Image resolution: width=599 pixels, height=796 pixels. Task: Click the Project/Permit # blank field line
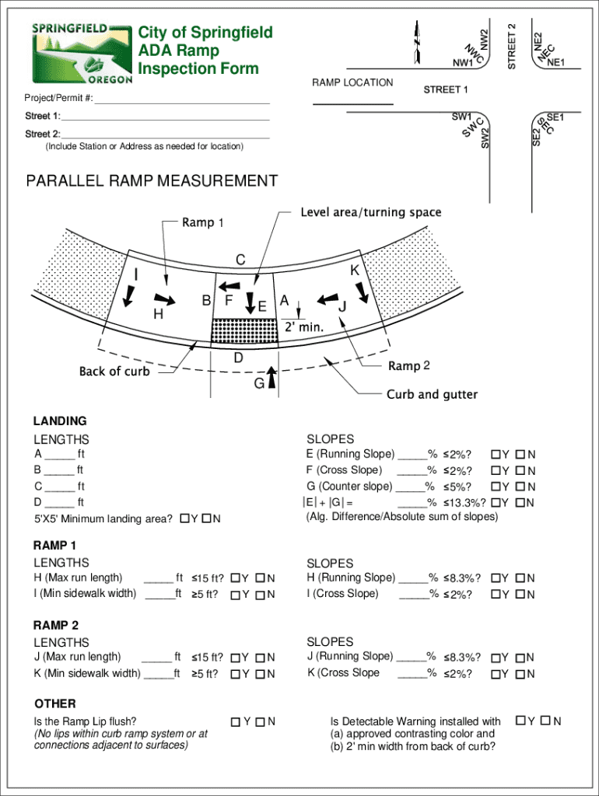(181, 103)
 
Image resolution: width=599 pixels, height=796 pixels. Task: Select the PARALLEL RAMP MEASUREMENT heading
(152, 182)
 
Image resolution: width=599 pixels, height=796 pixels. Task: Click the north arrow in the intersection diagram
(418, 40)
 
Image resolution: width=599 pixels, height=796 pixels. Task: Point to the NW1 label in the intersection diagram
(463, 63)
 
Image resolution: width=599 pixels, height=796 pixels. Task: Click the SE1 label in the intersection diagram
(555, 117)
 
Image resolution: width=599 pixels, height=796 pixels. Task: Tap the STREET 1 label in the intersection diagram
(446, 90)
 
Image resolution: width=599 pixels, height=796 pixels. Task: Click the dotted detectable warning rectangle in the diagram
(244, 331)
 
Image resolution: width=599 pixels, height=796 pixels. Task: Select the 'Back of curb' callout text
(114, 372)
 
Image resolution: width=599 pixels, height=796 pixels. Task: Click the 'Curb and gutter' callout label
(432, 395)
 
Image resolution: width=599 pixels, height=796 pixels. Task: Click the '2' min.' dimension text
(303, 327)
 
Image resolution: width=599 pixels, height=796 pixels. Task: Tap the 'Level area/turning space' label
(370, 212)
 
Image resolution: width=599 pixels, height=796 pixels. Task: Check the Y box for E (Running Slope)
(495, 454)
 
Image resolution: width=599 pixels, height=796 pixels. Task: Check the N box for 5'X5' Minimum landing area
(206, 518)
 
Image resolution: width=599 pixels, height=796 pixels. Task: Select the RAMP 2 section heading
(56, 626)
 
